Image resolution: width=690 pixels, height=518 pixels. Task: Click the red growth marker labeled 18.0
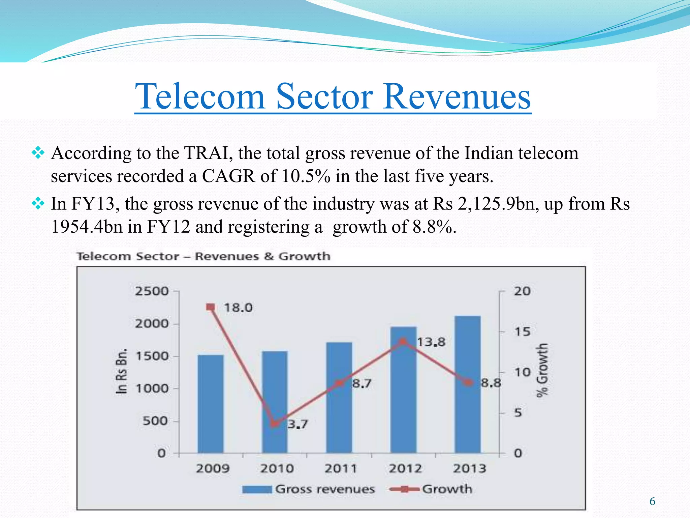click(210, 307)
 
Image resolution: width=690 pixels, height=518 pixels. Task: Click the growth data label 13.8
click(431, 342)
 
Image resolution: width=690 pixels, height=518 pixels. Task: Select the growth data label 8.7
click(362, 383)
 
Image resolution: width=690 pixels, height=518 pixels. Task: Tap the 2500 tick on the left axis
click(152, 291)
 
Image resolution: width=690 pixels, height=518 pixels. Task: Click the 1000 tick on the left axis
click(152, 388)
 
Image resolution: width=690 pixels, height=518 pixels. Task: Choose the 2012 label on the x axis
click(405, 468)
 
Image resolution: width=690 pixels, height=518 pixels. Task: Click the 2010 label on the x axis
click(277, 468)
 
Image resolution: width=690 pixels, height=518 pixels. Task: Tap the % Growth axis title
click(542, 370)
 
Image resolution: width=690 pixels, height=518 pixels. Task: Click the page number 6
click(652, 501)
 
